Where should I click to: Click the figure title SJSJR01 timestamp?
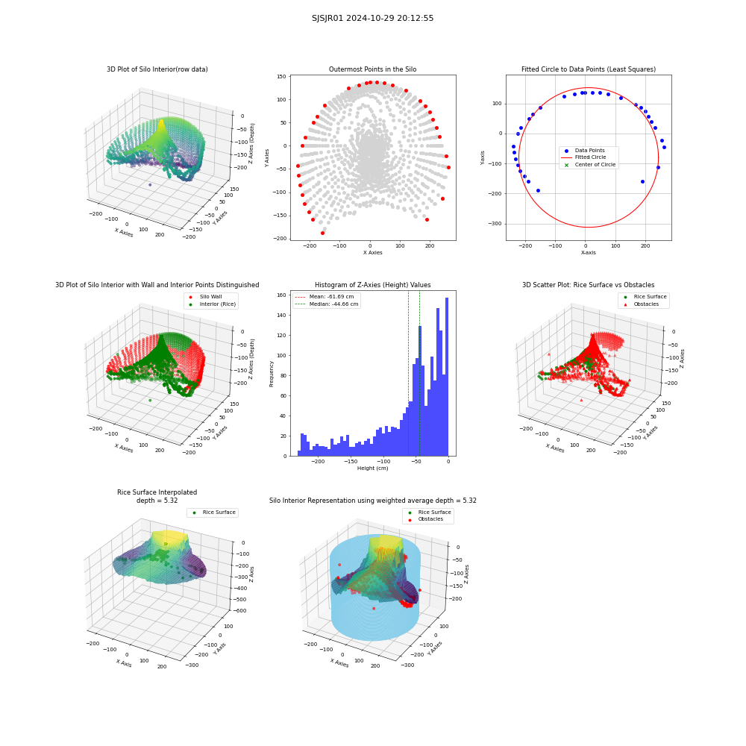[372, 18]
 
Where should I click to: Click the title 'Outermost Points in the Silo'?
[372, 69]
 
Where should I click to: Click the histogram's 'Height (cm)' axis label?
[372, 468]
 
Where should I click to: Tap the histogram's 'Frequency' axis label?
[272, 374]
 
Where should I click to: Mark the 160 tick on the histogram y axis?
[282, 295]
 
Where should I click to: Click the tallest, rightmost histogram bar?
[447, 377]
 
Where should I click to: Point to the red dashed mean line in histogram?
[408, 374]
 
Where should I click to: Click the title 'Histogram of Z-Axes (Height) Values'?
[372, 285]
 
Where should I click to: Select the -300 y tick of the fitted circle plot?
[497, 224]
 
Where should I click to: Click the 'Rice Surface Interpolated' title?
[157, 492]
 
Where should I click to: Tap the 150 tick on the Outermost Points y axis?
[281, 77]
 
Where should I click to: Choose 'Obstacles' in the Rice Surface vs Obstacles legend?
[646, 304]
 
